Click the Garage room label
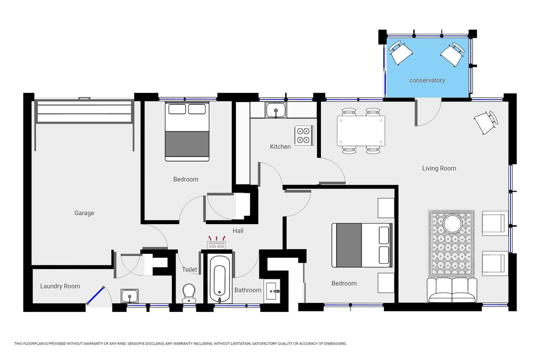[x=84, y=213]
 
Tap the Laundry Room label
[x=60, y=286]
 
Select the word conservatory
[x=427, y=80]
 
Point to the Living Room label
[x=439, y=168]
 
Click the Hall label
[x=238, y=231]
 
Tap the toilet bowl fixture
[x=189, y=293]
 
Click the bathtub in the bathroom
[x=220, y=279]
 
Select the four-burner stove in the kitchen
[x=304, y=135]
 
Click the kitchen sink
[x=276, y=110]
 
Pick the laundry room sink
[x=130, y=296]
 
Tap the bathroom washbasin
[x=272, y=291]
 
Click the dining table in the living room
[x=361, y=131]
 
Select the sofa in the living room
[x=452, y=290]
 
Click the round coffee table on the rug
[x=453, y=224]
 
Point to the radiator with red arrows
[x=216, y=243]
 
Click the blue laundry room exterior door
[x=95, y=295]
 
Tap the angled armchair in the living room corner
[x=486, y=122]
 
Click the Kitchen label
[x=280, y=147]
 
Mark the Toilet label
[x=189, y=270]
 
